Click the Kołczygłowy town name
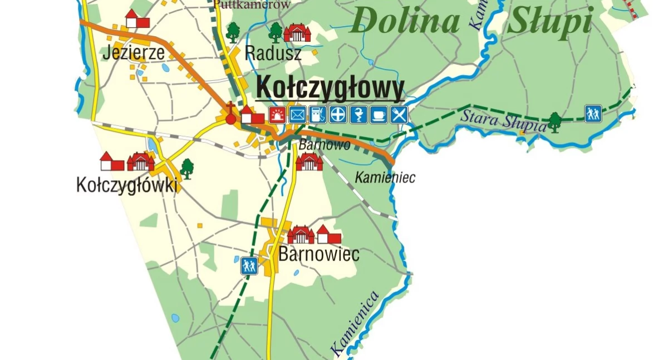point(330,88)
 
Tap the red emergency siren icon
point(277,115)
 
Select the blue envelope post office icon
point(297,115)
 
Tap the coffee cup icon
point(379,115)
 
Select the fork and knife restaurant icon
point(399,115)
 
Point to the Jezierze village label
point(134,53)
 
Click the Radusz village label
point(273,53)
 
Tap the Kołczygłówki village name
point(127,185)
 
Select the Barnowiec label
point(318,254)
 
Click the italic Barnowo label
point(325,145)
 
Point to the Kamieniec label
point(385,178)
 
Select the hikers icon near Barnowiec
point(249,265)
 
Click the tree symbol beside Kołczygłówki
point(187,168)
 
